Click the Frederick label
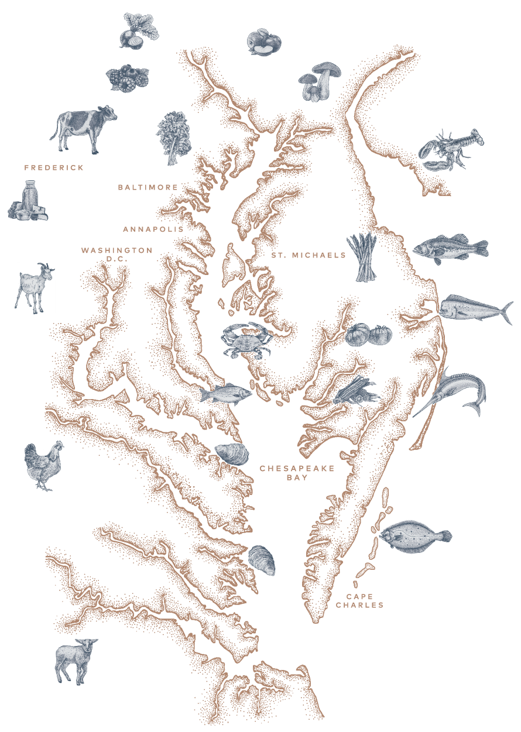tap(54, 168)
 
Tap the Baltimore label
tap(148, 187)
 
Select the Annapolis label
tap(153, 229)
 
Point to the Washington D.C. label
tap(117, 254)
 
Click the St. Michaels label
tap(308, 256)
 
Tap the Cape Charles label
tap(359, 601)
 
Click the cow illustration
tap(83, 129)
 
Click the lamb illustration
tap(76, 660)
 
